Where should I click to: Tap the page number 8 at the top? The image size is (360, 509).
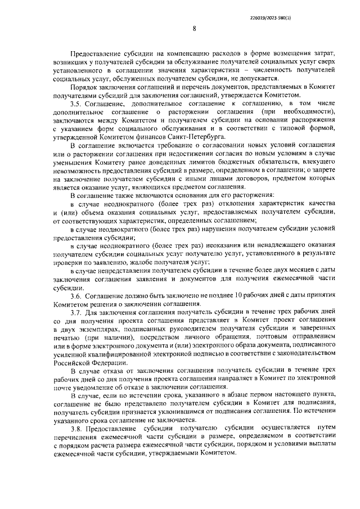[x=194, y=29]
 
